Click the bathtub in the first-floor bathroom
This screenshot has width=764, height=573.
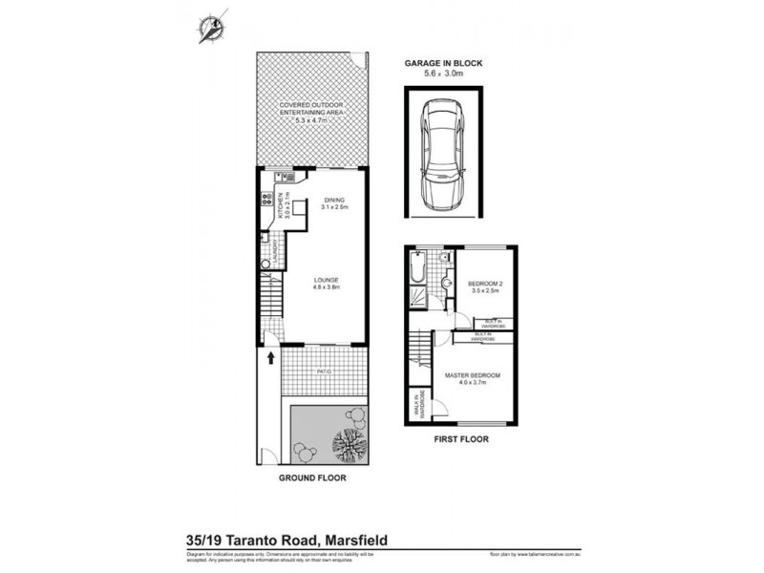415,272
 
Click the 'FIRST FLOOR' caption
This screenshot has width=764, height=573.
461,440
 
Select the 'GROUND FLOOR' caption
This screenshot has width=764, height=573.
311,477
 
